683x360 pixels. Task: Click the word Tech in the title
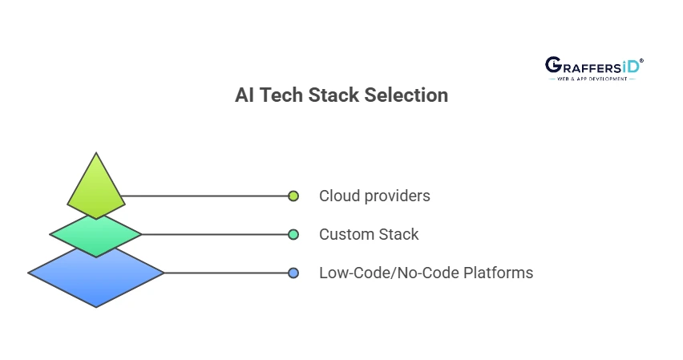pos(281,95)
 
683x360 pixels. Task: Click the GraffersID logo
pos(593,68)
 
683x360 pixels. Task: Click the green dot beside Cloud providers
pos(293,196)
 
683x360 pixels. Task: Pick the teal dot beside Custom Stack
pos(293,234)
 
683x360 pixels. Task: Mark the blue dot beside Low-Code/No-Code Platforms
pos(293,273)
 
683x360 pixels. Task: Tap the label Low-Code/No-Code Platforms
pos(426,273)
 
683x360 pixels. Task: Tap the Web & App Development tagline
pos(593,80)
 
